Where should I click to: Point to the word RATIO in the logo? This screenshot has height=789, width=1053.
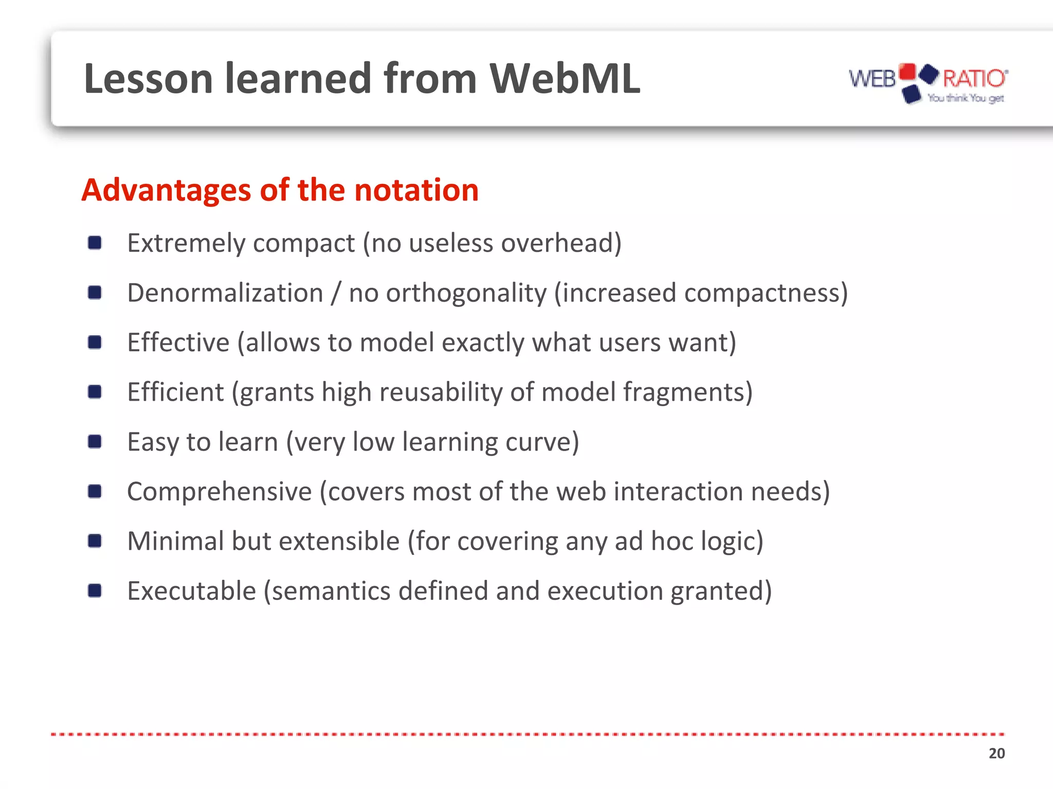pos(974,79)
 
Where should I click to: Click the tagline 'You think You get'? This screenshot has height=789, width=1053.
pos(966,98)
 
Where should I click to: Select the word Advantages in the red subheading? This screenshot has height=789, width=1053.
pos(166,190)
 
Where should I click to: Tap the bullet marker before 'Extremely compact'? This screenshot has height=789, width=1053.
pos(95,242)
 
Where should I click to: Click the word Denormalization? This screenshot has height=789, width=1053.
pos(225,293)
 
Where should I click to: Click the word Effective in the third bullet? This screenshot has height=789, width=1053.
pos(178,343)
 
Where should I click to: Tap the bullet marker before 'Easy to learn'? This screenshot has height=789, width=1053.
pos(95,442)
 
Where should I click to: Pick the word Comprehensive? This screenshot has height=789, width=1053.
pos(220,492)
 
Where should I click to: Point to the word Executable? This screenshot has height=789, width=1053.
pos(192,591)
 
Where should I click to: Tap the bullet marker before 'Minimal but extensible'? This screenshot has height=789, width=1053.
pos(95,541)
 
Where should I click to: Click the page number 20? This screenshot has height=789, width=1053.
pos(996,753)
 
